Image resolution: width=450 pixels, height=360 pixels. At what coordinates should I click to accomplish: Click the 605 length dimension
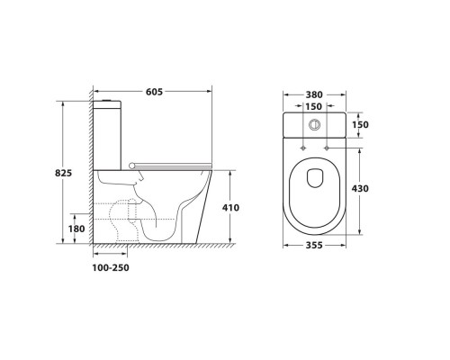click(x=154, y=92)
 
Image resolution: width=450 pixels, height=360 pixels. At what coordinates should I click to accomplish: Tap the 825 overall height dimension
click(x=64, y=173)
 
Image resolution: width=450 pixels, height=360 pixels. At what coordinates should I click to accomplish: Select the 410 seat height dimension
click(x=230, y=208)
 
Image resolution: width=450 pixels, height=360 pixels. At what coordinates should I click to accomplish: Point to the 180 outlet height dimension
click(x=76, y=229)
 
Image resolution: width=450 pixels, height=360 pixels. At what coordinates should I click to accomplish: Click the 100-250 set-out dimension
click(x=111, y=267)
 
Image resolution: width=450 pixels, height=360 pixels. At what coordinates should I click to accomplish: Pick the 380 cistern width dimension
click(x=314, y=94)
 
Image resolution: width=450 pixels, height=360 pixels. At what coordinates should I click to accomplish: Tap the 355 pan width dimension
click(x=314, y=246)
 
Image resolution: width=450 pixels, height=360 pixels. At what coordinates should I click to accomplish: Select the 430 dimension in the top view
click(x=360, y=189)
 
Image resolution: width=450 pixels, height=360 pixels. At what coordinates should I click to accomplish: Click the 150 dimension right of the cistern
click(x=360, y=124)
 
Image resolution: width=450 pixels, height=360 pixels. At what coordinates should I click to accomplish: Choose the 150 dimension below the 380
click(x=313, y=106)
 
